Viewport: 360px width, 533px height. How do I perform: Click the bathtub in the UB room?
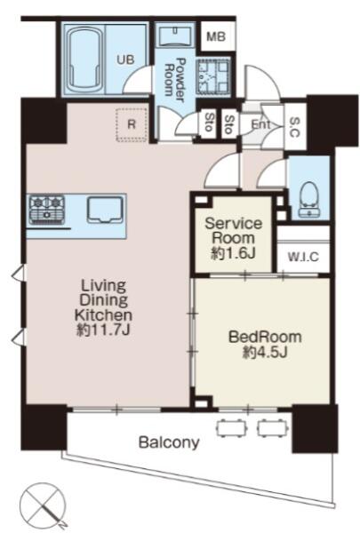coord(86,59)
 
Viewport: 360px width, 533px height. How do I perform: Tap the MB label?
coord(216,36)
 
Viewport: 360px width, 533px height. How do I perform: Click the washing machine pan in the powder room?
coord(213,76)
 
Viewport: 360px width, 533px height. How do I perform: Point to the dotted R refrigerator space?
coord(132,124)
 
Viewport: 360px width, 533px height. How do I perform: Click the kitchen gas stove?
coord(46,209)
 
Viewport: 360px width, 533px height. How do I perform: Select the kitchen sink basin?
coord(105,210)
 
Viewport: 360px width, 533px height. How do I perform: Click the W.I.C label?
coord(303,257)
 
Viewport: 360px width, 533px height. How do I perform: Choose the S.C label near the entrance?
coord(295,127)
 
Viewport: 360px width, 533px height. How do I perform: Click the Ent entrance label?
coord(260,124)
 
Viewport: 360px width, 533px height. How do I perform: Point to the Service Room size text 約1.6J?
coord(234,253)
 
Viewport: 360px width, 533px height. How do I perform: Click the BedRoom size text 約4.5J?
coord(266,352)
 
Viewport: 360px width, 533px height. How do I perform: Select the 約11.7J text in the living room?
coord(103,330)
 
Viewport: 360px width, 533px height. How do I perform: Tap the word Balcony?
coord(169,442)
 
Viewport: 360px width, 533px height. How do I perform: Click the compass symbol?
coord(43,505)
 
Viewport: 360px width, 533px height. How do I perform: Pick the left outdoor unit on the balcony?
coord(231,428)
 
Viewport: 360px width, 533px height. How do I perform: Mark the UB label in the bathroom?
coord(125,60)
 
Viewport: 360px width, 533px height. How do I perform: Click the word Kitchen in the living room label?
coord(103,315)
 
